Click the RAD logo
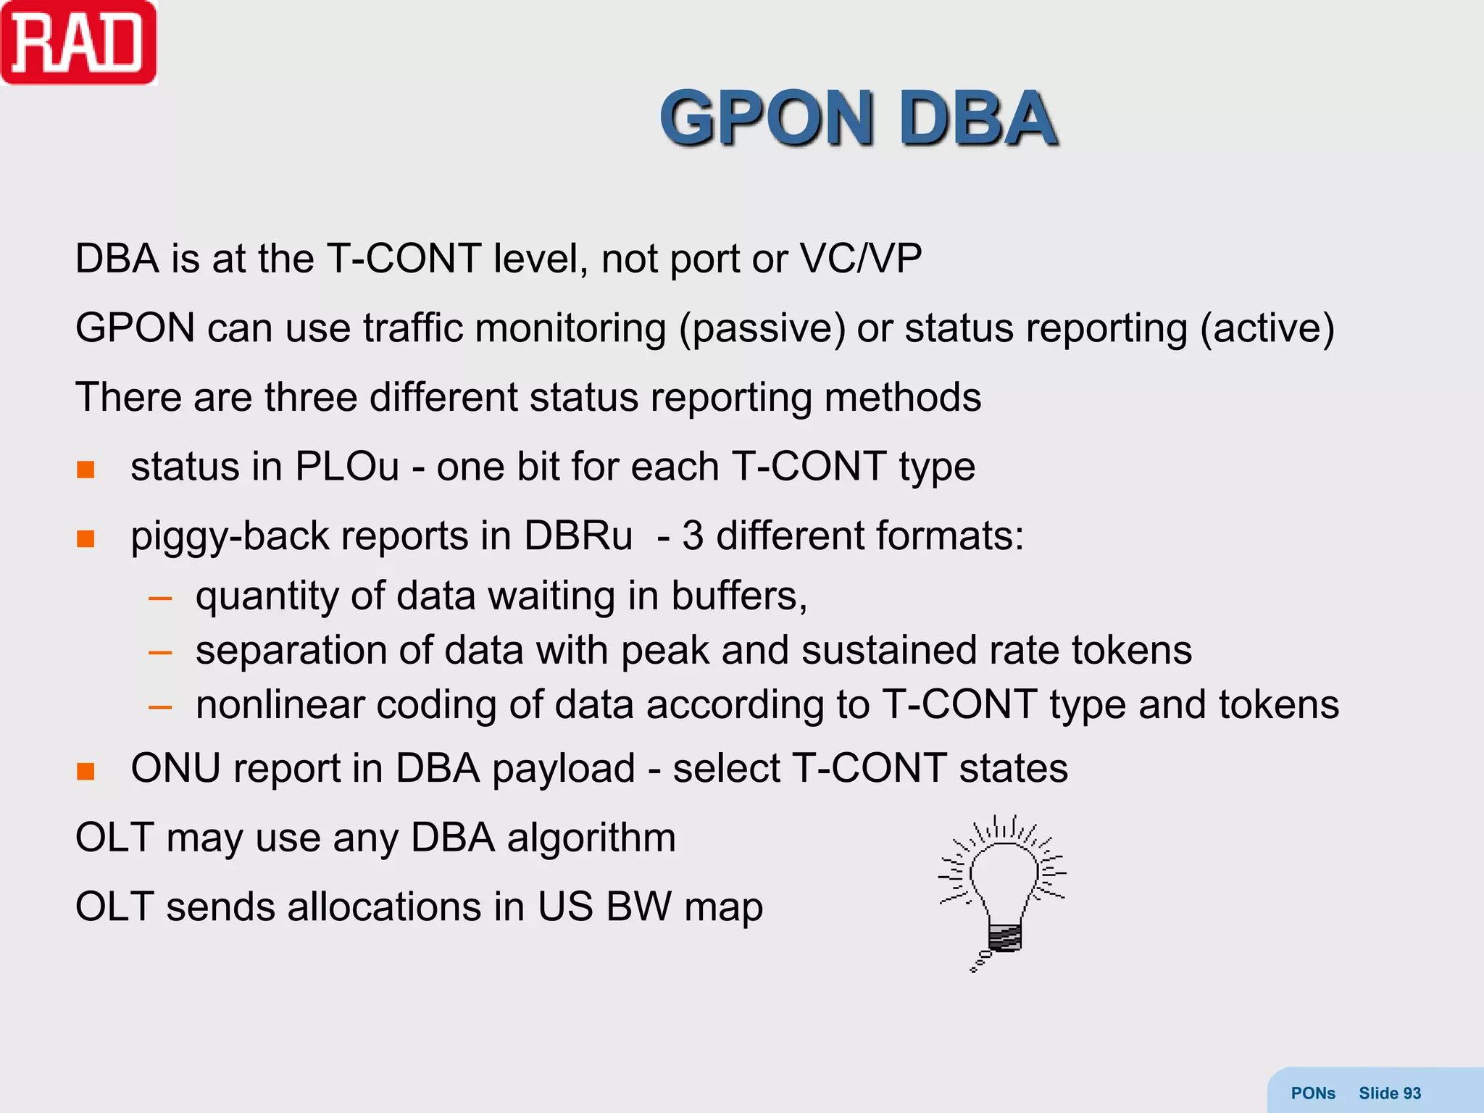coord(78,43)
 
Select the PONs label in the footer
coord(1313,1093)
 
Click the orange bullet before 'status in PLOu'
coord(86,470)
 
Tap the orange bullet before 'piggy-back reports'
coord(86,539)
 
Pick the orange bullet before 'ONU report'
coord(86,771)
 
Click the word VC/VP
coord(860,259)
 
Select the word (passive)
coord(762,328)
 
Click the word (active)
coord(1267,328)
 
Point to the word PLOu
coord(347,466)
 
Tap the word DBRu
coord(578,536)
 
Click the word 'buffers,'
coord(739,596)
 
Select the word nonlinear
coord(280,704)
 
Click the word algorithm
coord(591,838)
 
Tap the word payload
coord(564,769)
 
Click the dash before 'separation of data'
coord(160,652)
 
